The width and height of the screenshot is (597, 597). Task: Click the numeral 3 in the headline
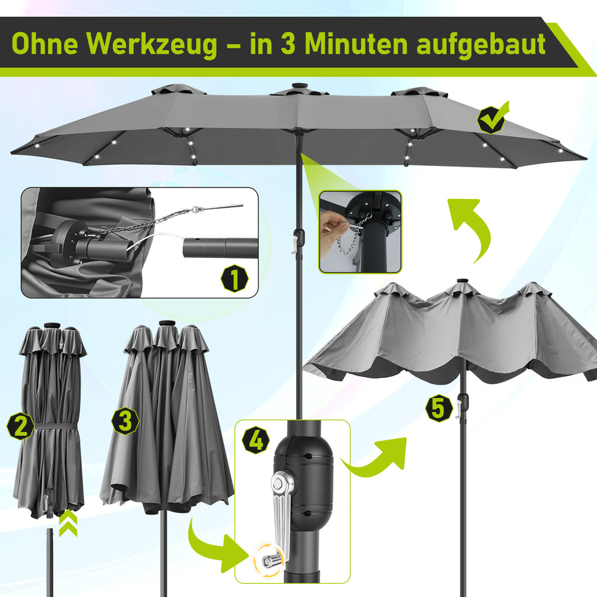coord(288,44)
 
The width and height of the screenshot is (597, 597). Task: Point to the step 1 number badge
coord(235,278)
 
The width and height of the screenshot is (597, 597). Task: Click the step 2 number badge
coord(20,426)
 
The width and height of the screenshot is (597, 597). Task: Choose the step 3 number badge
coord(125,421)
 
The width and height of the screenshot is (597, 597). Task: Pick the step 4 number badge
coord(256,440)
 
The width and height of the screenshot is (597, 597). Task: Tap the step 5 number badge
coord(439,408)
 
